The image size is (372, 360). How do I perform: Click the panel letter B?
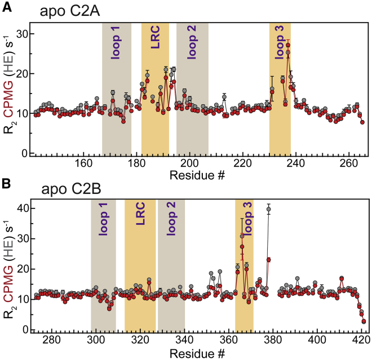coord(7,183)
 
